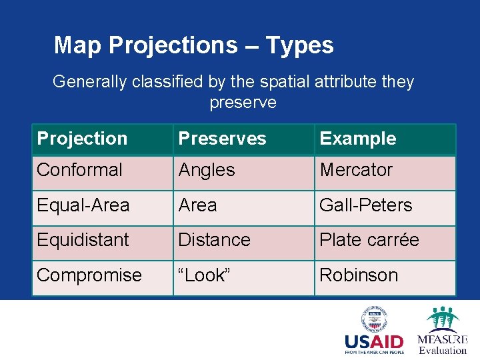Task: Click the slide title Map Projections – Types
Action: pyautogui.click(x=193, y=45)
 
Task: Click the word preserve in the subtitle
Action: pyautogui.click(x=243, y=103)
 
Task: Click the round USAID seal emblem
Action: pyautogui.click(x=374, y=319)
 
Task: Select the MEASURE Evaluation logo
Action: pyautogui.click(x=442, y=330)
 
